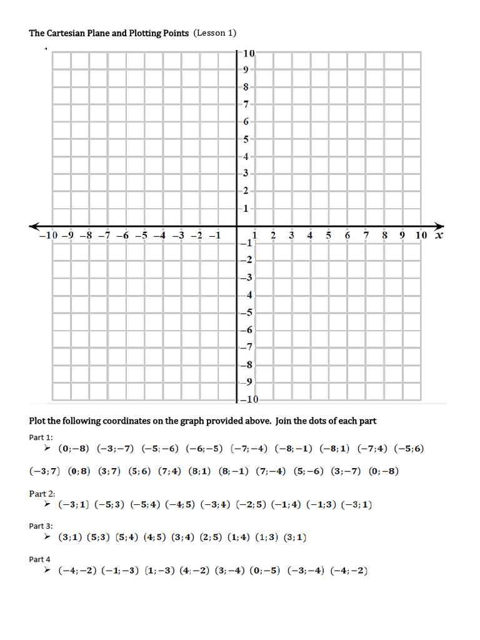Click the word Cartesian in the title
click(x=66, y=32)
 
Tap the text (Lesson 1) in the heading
click(x=215, y=32)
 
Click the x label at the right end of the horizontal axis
click(x=439, y=235)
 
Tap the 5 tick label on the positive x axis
click(x=328, y=235)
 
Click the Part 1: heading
click(x=41, y=437)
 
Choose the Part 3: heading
click(x=41, y=526)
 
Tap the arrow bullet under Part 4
click(x=47, y=571)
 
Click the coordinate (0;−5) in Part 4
click(x=265, y=571)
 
